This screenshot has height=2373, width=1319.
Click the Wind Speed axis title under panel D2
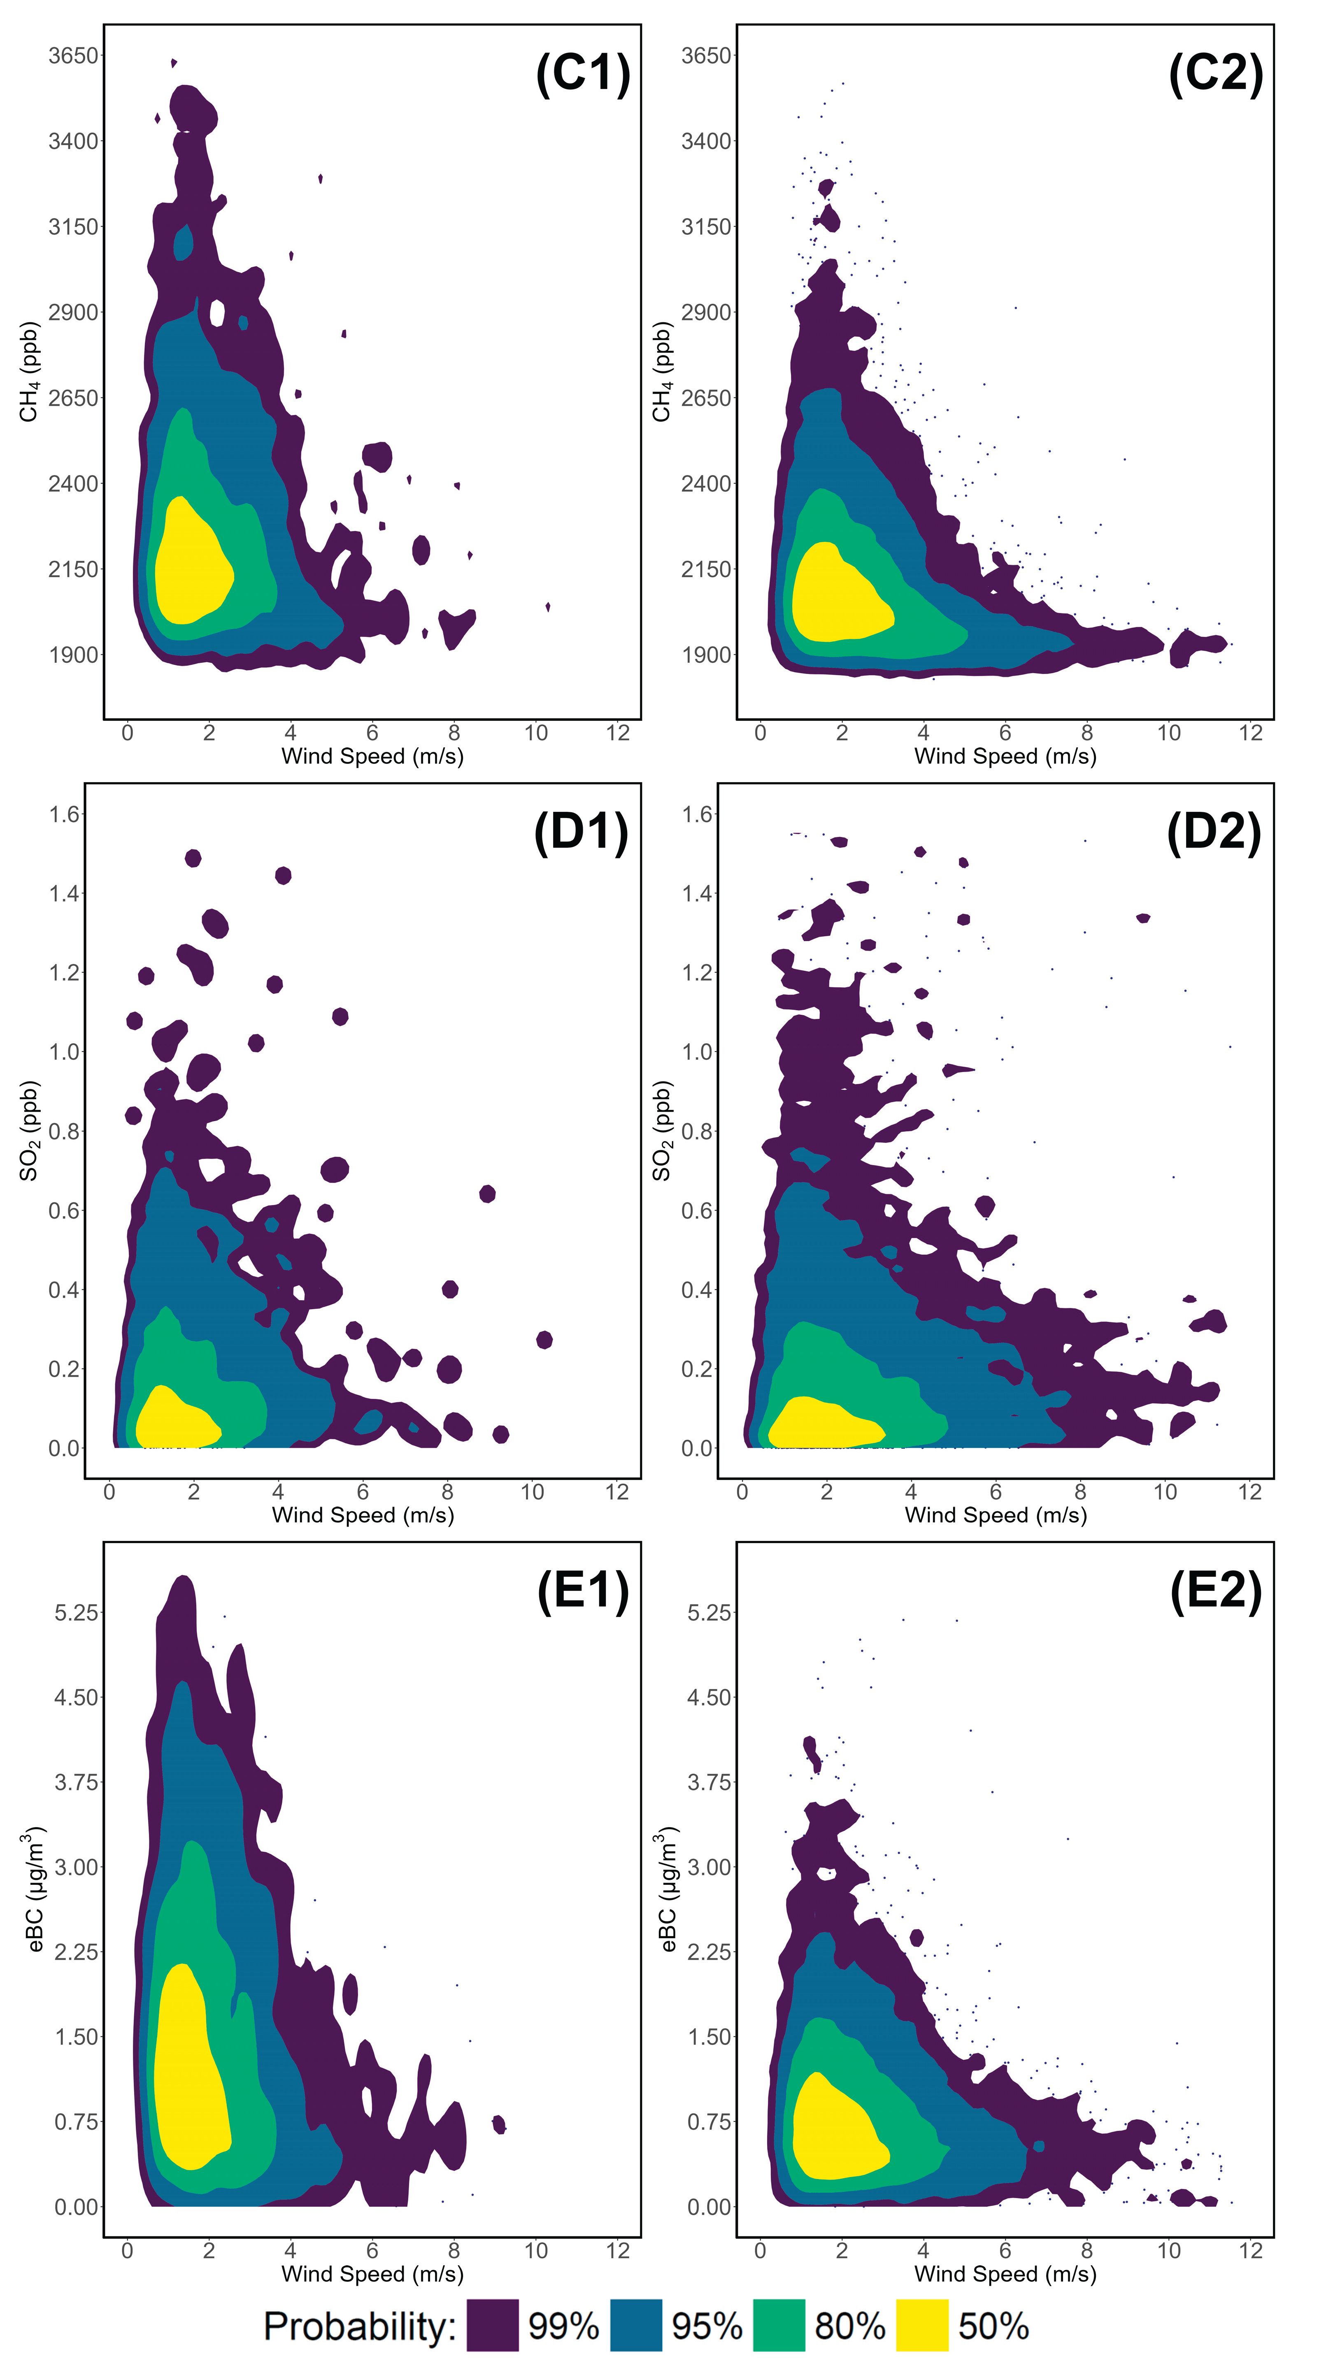996,1515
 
